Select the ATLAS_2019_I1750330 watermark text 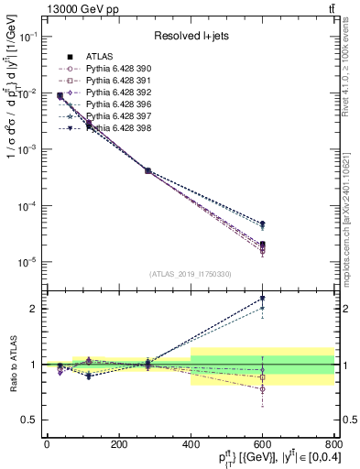tap(189, 274)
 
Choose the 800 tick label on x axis tap(333, 444)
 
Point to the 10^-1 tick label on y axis tap(27, 36)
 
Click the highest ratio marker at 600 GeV tap(263, 298)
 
